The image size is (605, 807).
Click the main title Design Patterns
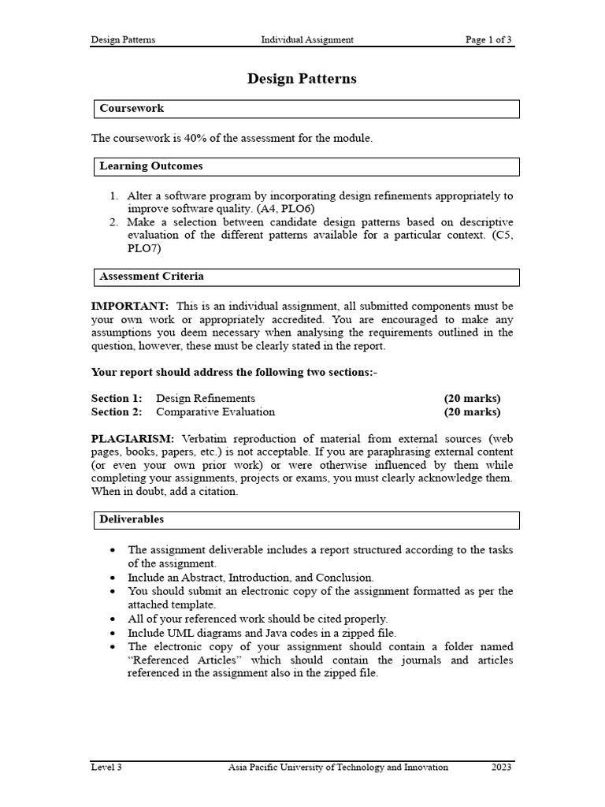[302, 79]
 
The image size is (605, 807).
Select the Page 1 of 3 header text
[488, 39]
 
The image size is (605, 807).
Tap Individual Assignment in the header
[307, 39]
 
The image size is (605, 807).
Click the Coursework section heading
[132, 108]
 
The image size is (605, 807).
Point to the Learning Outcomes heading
[150, 166]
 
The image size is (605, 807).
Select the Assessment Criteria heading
[151, 277]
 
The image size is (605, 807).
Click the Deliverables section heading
[132, 519]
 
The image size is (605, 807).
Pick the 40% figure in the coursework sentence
[194, 139]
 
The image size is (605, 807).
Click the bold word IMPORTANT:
[130, 306]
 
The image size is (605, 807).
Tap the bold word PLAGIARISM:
[135, 438]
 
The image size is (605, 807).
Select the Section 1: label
[117, 398]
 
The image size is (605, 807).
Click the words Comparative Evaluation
[215, 411]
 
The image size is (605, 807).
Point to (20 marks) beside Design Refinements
[472, 398]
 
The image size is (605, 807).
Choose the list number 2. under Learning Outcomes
[113, 222]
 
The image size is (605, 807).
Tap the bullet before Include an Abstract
[114, 578]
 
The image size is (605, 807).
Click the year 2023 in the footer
[502, 767]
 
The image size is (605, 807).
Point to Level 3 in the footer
[106, 767]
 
